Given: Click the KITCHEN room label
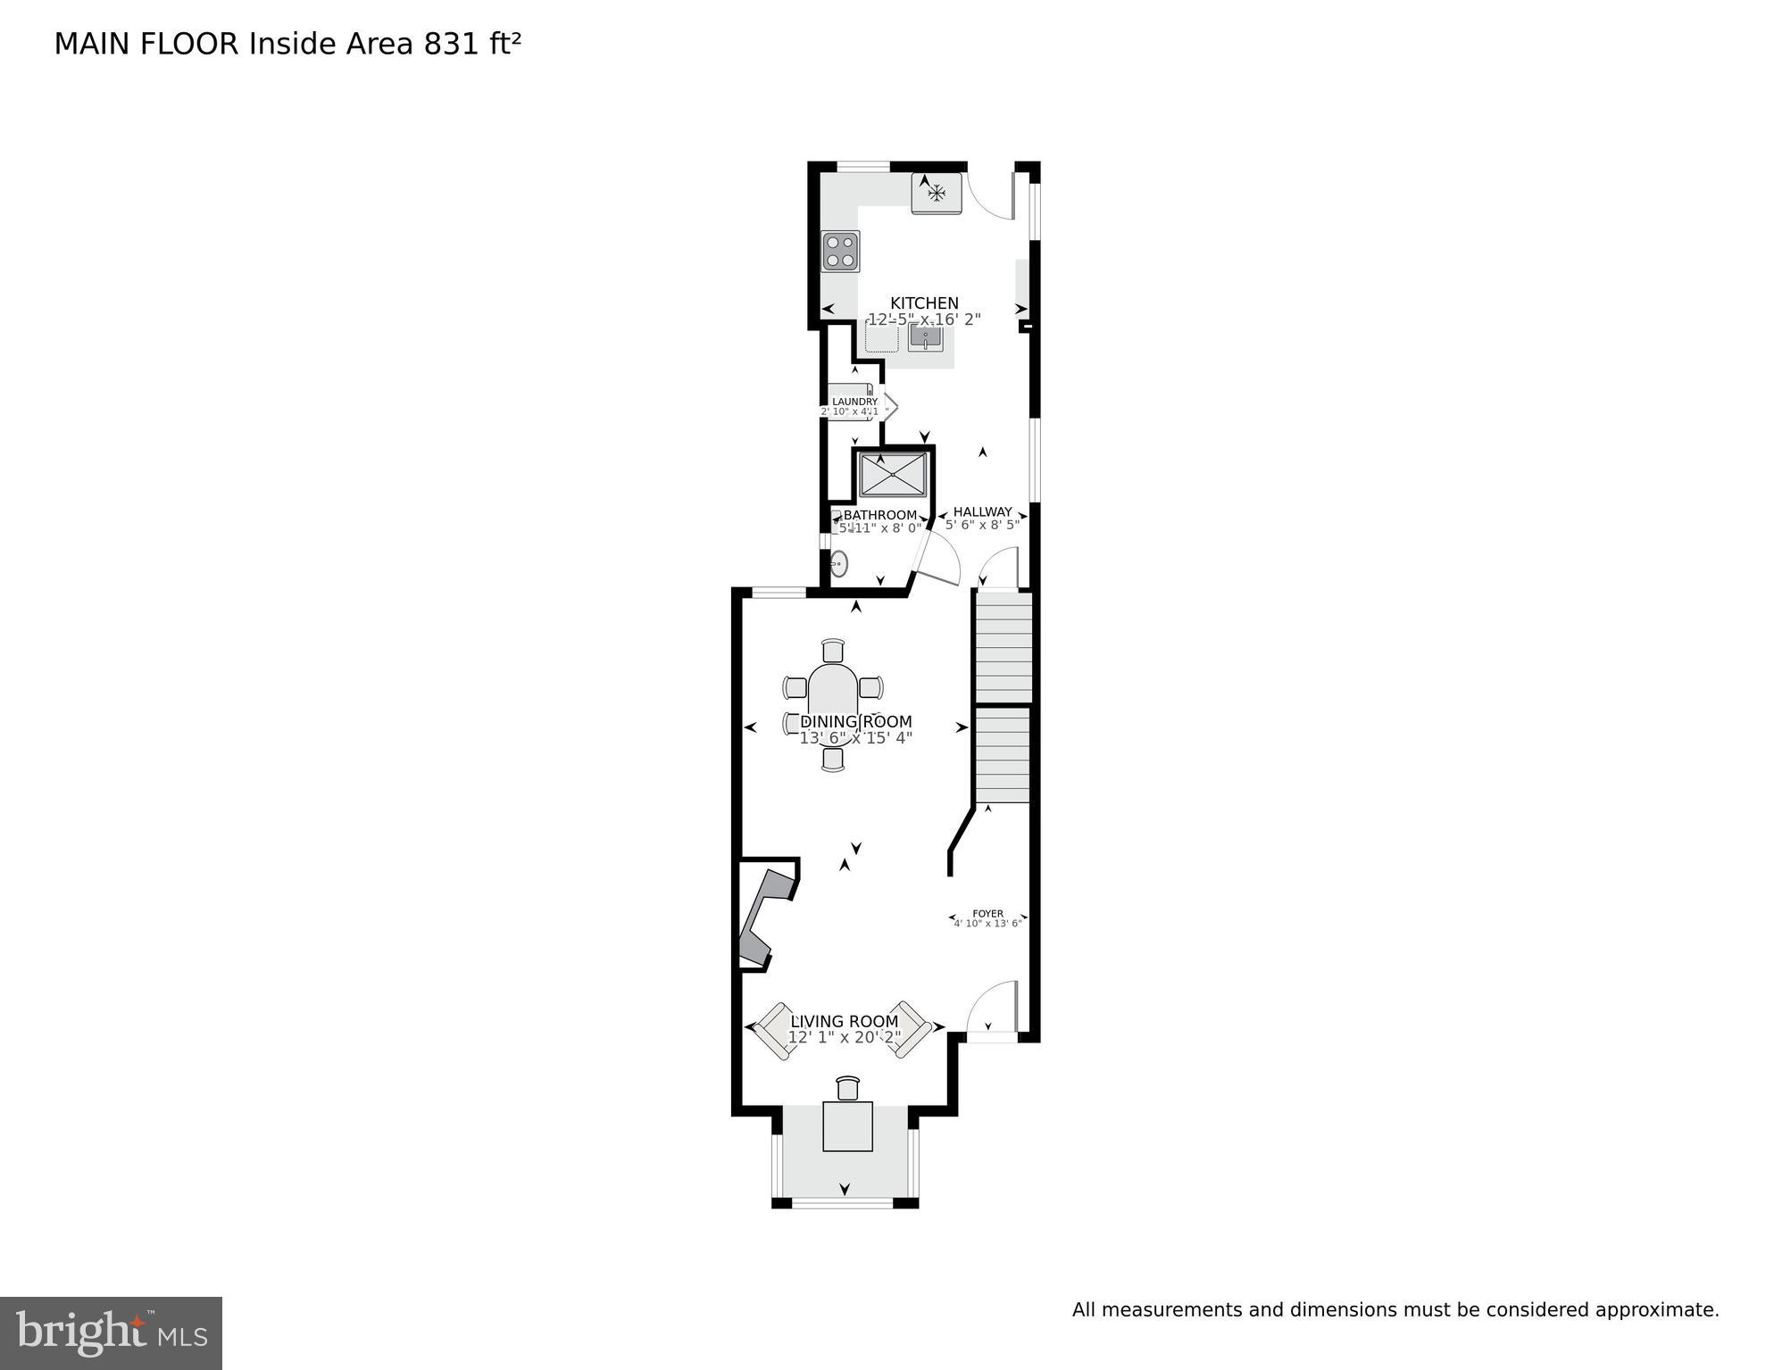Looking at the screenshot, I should point(924,303).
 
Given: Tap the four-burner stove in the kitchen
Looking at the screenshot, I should point(840,251).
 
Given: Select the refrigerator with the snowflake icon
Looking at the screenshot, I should point(936,193).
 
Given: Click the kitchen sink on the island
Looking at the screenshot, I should point(926,338).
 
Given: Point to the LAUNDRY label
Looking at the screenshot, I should point(854,402).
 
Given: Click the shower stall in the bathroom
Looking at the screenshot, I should point(892,475).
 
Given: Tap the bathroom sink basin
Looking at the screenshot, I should point(839,563).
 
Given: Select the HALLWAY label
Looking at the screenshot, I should point(982,511).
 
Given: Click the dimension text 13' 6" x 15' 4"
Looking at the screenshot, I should point(855,738).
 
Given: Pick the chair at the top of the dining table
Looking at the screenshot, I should point(833,651).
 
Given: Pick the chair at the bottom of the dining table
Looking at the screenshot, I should point(833,759).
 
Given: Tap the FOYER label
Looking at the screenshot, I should point(987,913).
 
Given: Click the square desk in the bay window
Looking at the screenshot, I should point(847,1126).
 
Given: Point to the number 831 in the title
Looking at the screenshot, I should point(452,44).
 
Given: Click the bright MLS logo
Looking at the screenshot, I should point(111,1333).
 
